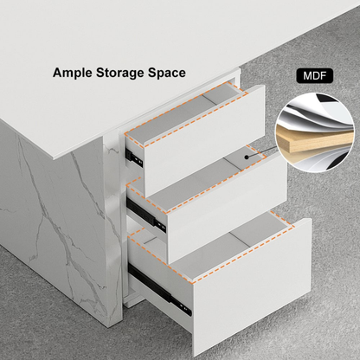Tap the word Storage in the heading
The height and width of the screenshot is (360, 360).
click(120, 74)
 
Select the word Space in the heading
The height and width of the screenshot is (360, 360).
click(167, 74)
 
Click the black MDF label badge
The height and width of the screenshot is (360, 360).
click(314, 76)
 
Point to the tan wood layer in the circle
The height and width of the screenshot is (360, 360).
click(314, 141)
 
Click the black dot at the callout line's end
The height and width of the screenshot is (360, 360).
click(247, 157)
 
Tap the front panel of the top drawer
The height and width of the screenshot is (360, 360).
click(203, 141)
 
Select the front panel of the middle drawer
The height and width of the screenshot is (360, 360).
click(227, 208)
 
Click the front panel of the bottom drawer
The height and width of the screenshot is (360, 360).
click(252, 287)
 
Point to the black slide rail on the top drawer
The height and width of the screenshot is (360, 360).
click(135, 158)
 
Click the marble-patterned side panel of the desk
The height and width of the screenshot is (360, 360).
click(55, 216)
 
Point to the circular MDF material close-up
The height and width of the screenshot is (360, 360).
click(314, 132)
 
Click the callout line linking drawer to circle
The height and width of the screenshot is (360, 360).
click(261, 152)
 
